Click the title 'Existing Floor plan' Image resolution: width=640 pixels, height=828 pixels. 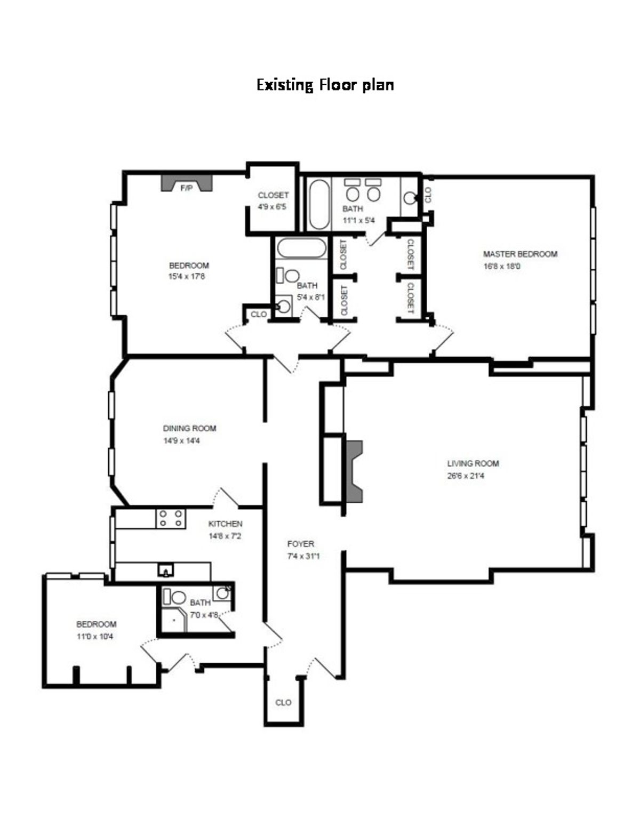325,85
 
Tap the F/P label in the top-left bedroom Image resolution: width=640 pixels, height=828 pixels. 186,188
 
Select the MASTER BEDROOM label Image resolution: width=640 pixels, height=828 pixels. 520,254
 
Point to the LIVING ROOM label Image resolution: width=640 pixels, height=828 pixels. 473,463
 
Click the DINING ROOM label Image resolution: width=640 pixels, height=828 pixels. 189,428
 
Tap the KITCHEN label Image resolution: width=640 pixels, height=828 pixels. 225,524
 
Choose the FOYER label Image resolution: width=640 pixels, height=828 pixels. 301,544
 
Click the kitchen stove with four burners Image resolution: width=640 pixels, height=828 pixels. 170,519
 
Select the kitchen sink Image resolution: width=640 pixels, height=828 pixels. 166,570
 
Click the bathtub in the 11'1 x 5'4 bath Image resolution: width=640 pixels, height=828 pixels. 318,205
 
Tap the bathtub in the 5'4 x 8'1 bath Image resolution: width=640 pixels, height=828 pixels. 301,248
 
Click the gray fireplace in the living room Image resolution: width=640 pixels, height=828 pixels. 355,472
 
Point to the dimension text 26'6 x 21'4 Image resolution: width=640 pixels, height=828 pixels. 466,476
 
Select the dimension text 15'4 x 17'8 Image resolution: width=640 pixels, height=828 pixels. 186,276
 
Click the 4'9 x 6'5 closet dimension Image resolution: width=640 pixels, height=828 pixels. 272,207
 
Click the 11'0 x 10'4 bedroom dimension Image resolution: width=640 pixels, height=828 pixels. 95,637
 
